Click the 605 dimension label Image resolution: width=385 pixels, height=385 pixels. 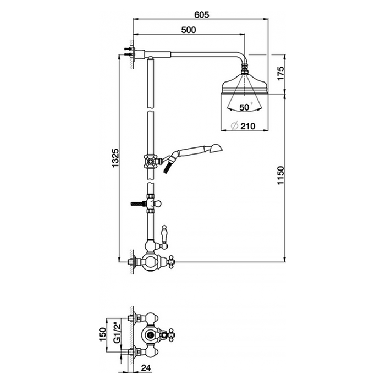202,14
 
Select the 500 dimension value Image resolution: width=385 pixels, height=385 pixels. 189,30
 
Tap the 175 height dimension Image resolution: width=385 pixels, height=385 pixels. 280,73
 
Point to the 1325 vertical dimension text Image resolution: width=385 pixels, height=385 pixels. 115,158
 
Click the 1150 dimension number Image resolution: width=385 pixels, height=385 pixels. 280,175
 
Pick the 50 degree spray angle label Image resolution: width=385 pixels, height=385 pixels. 244,107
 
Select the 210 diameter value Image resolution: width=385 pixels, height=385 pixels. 248,126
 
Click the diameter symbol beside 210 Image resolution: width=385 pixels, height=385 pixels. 235,126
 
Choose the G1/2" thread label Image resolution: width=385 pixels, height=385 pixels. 117,333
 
